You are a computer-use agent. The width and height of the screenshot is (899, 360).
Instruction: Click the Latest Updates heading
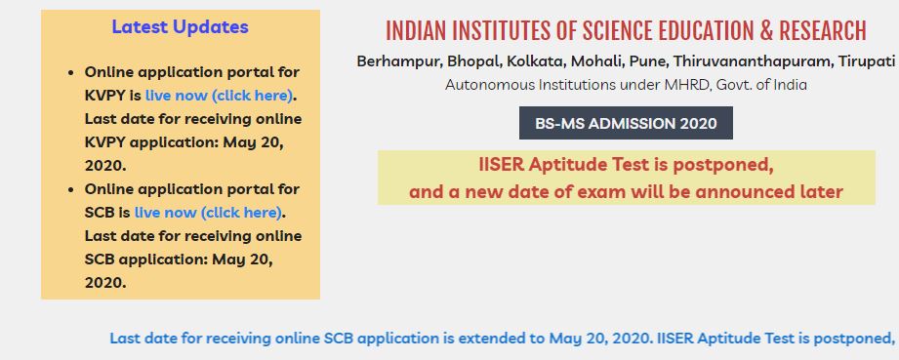click(180, 27)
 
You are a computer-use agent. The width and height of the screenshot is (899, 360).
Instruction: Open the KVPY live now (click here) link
click(220, 96)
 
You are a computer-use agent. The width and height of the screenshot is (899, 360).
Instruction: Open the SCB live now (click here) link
click(209, 213)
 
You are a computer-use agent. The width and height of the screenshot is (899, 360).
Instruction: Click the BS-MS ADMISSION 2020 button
click(626, 124)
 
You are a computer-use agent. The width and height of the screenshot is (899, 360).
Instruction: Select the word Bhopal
click(472, 62)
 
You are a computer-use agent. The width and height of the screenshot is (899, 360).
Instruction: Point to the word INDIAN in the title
click(416, 30)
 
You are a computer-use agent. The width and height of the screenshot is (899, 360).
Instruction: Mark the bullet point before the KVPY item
click(70, 73)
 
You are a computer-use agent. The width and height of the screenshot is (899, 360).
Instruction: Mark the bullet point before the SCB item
click(70, 190)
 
